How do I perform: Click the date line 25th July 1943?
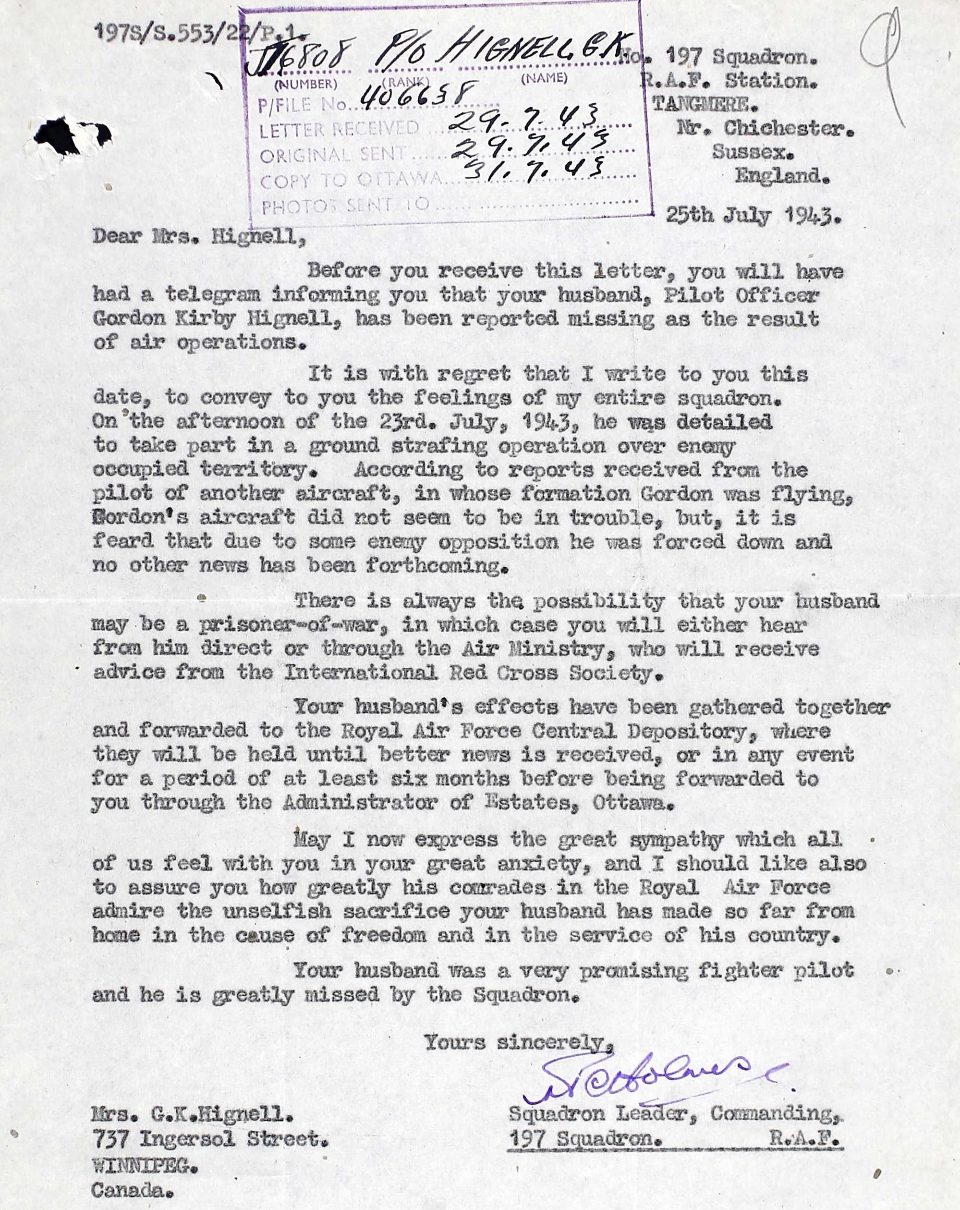[753, 216]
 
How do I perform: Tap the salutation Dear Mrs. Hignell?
[199, 237]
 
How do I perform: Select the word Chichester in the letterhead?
[788, 129]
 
